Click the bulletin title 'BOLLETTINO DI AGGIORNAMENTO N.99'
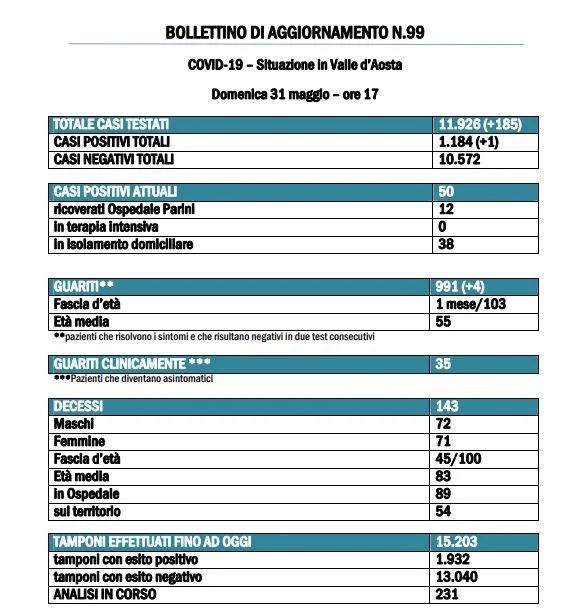pos(293,33)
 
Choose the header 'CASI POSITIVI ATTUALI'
pos(110,190)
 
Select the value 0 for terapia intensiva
pos(443,226)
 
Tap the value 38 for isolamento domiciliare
pos(446,243)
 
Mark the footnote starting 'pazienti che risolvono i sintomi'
pos(215,338)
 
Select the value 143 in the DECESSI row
pos(450,406)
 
